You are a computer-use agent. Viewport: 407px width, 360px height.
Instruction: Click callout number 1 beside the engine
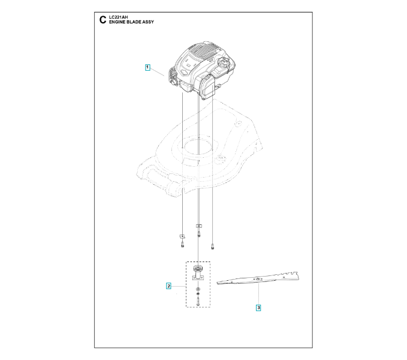click(147, 67)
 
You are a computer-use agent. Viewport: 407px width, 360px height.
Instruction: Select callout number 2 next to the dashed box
click(168, 286)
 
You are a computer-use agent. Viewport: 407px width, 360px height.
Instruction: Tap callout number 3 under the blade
click(258, 308)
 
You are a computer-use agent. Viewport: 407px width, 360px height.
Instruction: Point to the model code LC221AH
click(119, 17)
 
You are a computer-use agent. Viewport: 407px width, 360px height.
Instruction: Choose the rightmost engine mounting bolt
click(213, 245)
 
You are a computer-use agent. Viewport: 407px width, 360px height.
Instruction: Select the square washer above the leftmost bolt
click(182, 236)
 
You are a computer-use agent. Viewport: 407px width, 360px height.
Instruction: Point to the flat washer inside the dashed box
click(198, 289)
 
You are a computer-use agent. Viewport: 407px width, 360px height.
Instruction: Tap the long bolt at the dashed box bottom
click(198, 300)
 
